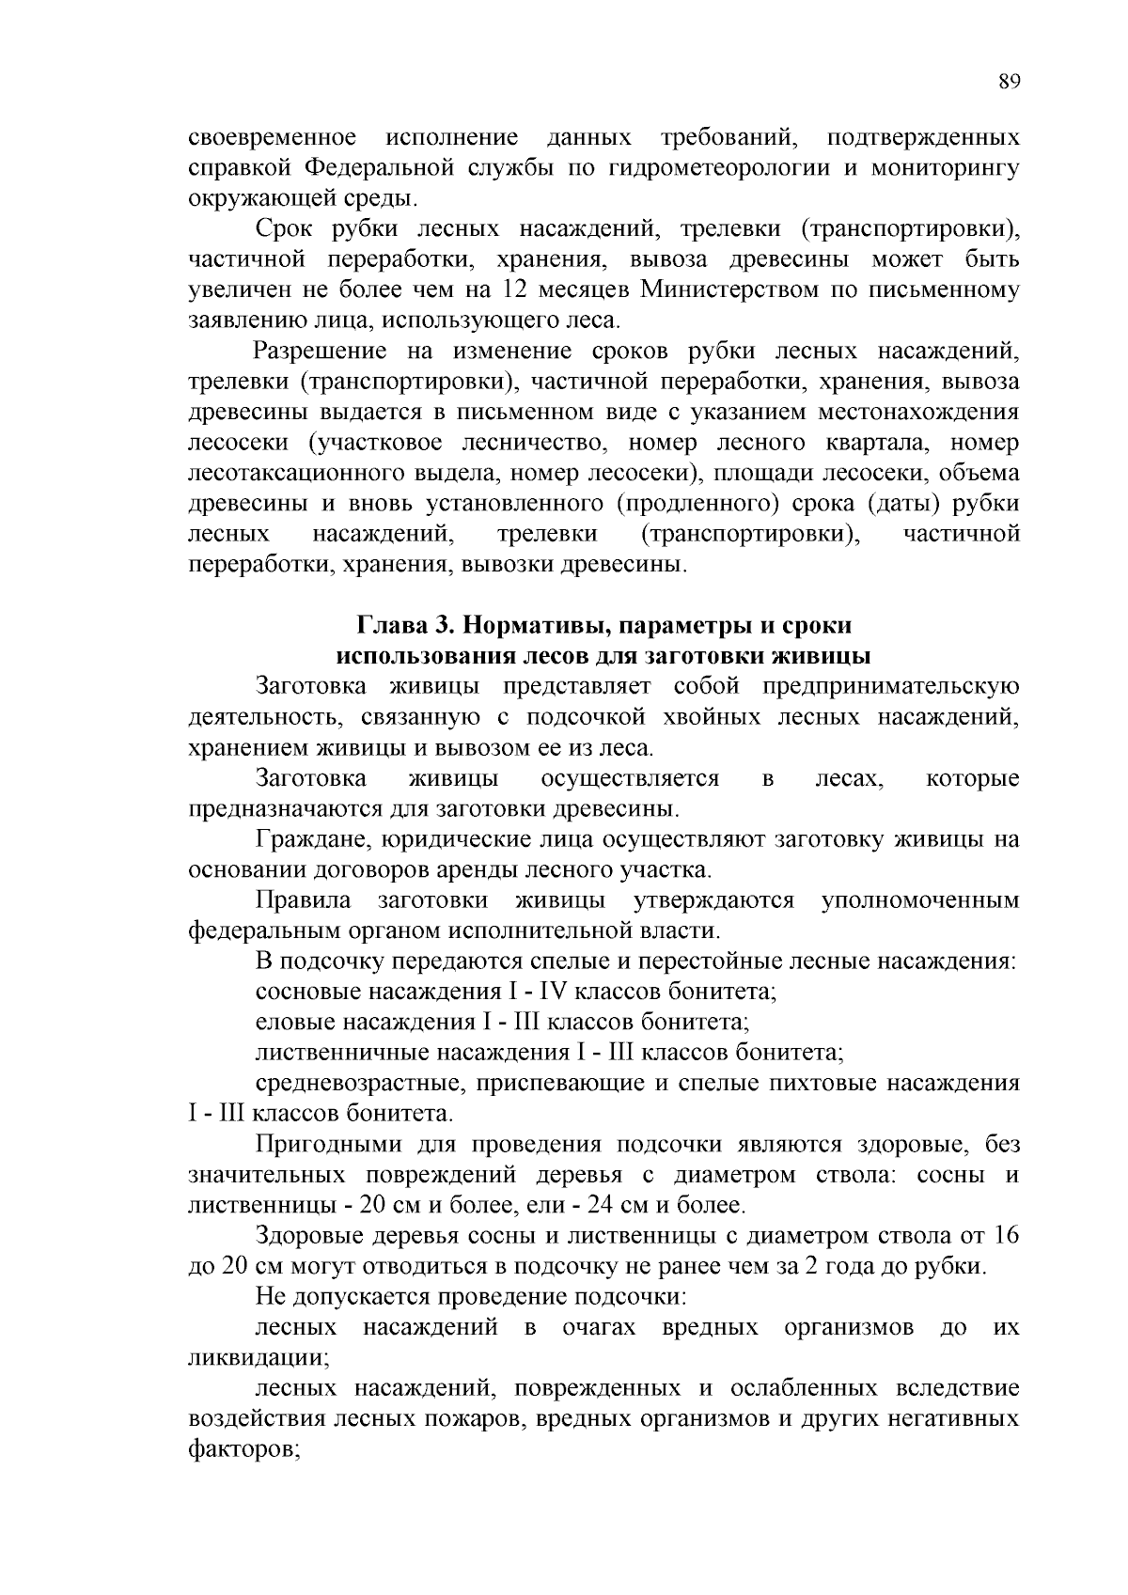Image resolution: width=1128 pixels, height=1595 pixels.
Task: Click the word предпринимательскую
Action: coord(890,687)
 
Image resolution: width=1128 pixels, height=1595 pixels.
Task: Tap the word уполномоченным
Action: coord(920,900)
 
